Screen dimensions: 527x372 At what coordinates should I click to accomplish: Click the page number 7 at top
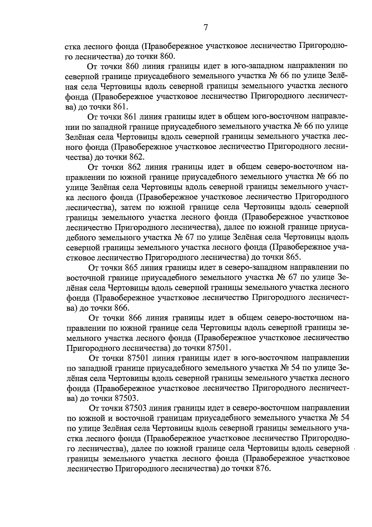click(x=205, y=28)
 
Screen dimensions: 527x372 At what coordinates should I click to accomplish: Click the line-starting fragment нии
click(x=72, y=126)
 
